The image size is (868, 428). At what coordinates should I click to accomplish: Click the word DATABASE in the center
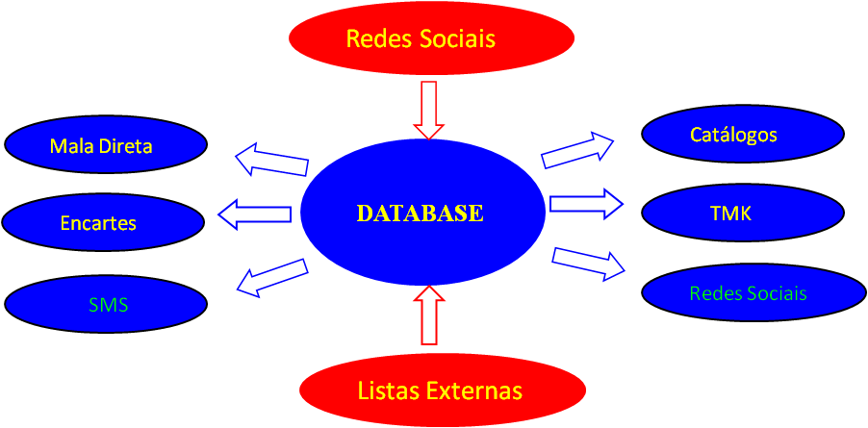pyautogui.click(x=420, y=214)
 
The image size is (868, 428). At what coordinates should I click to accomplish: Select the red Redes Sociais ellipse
pyautogui.click(x=431, y=38)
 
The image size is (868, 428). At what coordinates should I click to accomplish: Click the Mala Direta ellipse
pyautogui.click(x=106, y=146)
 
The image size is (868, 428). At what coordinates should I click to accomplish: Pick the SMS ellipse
pyautogui.click(x=106, y=305)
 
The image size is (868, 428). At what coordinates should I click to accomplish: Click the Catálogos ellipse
pyautogui.click(x=742, y=135)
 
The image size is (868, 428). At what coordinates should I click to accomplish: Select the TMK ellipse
pyautogui.click(x=742, y=214)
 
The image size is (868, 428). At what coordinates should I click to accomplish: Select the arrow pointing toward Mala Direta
pyautogui.click(x=271, y=160)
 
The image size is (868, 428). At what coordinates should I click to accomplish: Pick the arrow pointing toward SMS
pyautogui.click(x=271, y=275)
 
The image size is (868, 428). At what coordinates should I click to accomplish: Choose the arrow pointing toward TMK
pyautogui.click(x=585, y=203)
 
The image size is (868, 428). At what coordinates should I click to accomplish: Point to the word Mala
pyautogui.click(x=70, y=147)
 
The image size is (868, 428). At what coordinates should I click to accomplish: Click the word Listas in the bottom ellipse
pyautogui.click(x=384, y=391)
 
